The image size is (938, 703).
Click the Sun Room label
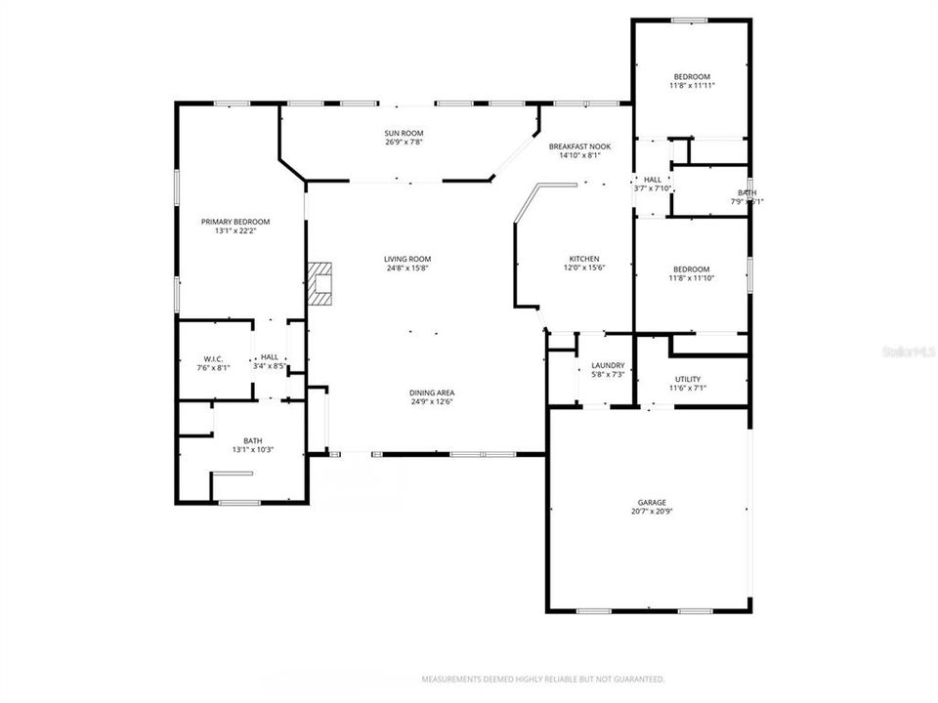tap(404, 133)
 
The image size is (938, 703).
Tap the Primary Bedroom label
tap(235, 222)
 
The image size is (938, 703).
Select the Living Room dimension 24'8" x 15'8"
tap(406, 269)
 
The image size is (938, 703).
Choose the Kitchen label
tap(584, 259)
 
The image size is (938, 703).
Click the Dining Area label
tap(432, 393)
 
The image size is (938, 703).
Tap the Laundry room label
tap(608, 366)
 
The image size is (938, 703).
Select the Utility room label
tap(688, 379)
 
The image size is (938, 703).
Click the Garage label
tap(652, 502)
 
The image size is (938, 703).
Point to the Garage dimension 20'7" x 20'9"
tap(652, 512)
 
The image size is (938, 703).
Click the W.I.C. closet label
tap(215, 358)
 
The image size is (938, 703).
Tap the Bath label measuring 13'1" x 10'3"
tap(253, 440)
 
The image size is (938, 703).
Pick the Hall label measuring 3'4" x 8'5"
tap(270, 357)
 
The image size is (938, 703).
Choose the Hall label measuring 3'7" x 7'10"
tap(653, 180)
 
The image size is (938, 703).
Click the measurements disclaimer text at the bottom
tap(543, 679)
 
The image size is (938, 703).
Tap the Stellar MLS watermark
tap(909, 349)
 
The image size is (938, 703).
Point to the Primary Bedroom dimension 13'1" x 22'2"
tap(235, 231)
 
